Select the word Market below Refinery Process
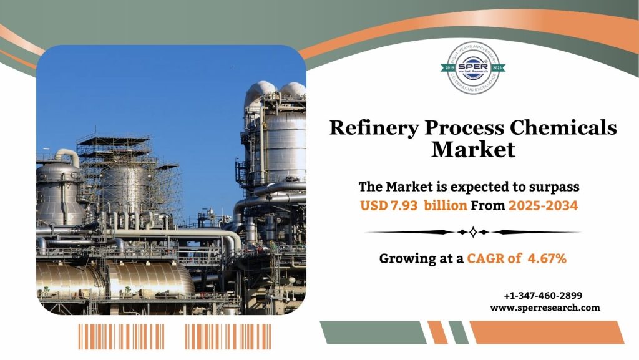(473, 150)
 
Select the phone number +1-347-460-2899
(542, 296)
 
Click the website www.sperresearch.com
(545, 308)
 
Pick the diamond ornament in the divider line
(472, 232)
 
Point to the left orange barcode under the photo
(121, 336)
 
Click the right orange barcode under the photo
(228, 336)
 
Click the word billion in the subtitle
(444, 205)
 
